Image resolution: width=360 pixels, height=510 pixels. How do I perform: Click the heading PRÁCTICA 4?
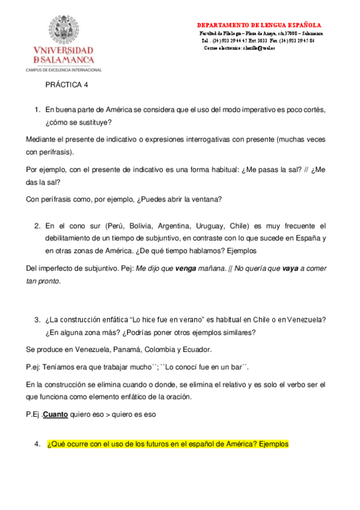(x=67, y=85)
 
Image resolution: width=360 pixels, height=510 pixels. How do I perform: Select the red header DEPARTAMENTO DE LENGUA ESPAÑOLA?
(x=258, y=25)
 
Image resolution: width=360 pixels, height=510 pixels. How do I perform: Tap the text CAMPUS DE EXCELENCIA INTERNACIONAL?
(x=64, y=70)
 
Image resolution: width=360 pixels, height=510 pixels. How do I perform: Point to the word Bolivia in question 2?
(x=141, y=226)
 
